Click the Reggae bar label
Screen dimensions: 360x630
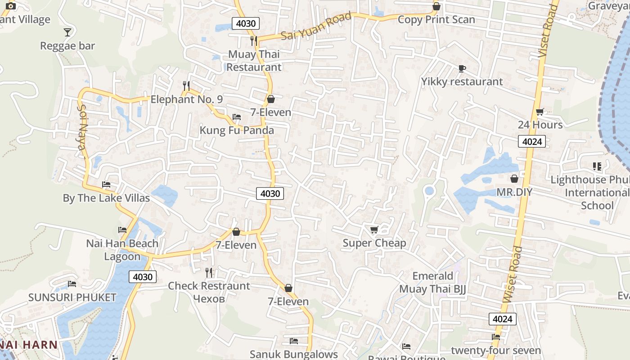coord(67,46)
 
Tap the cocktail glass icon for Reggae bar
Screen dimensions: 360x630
coord(67,32)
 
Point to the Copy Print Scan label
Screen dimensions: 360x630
coord(436,20)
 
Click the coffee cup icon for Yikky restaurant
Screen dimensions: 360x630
coord(462,68)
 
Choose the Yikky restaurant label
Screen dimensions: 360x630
coord(462,82)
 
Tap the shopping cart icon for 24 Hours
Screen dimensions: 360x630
coord(540,112)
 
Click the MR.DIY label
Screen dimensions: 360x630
coord(514,192)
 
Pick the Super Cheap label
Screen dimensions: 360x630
coord(374,243)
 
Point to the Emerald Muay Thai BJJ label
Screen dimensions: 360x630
coord(432,283)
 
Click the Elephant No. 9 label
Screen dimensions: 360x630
coord(186,99)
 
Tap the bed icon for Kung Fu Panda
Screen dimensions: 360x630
coord(237,117)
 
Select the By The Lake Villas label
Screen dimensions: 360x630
coord(106,198)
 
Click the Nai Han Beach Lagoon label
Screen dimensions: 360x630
coord(122,250)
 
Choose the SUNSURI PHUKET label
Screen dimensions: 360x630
coord(72,297)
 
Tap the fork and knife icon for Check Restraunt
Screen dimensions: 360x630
coord(209,272)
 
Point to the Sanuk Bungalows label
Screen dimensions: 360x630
coord(293,355)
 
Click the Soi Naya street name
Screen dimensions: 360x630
coord(82,130)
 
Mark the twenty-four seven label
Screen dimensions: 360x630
coord(496,351)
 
